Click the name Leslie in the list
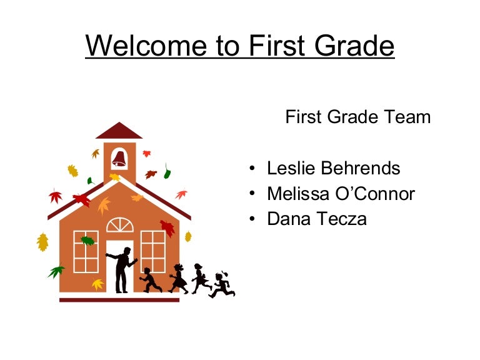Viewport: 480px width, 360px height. click(x=292, y=169)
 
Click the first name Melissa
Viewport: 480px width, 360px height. click(x=294, y=194)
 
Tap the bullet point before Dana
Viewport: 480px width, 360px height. click(x=251, y=220)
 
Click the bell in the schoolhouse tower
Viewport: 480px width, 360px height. click(x=119, y=159)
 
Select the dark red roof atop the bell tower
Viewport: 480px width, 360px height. click(x=119, y=131)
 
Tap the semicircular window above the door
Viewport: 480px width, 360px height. click(x=119, y=225)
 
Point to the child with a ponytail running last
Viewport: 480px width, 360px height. click(x=221, y=285)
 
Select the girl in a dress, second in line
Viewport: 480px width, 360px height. click(x=179, y=279)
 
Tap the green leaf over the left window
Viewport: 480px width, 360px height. click(x=87, y=241)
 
